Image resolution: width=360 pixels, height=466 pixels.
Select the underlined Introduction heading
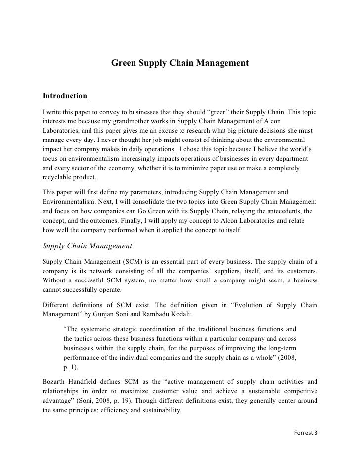pyautogui.click(x=65, y=95)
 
